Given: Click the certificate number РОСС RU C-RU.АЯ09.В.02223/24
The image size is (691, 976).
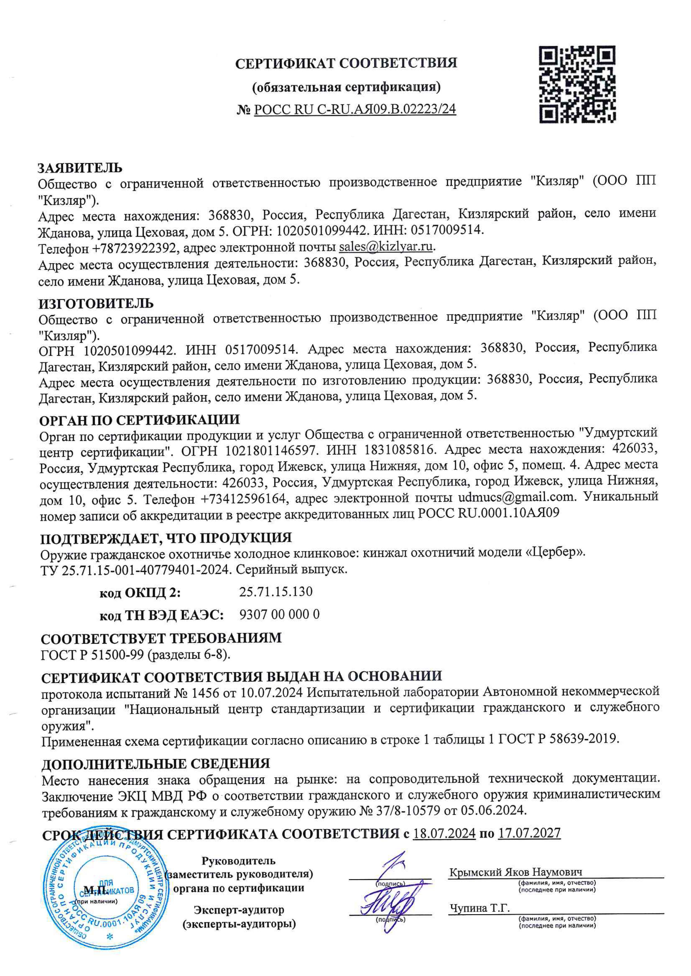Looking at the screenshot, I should coord(355,109).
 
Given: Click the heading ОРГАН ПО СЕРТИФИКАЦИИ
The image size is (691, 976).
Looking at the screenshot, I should coord(140,420).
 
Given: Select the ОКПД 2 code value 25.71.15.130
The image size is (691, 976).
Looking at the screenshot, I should coord(276,592).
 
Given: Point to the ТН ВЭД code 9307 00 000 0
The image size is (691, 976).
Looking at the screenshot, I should coord(279,615).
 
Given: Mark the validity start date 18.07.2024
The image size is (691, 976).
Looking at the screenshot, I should coord(444,833).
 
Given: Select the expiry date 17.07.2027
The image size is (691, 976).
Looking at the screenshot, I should coord(529,833).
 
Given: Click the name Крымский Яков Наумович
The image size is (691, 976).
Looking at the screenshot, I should coord(516,872).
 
